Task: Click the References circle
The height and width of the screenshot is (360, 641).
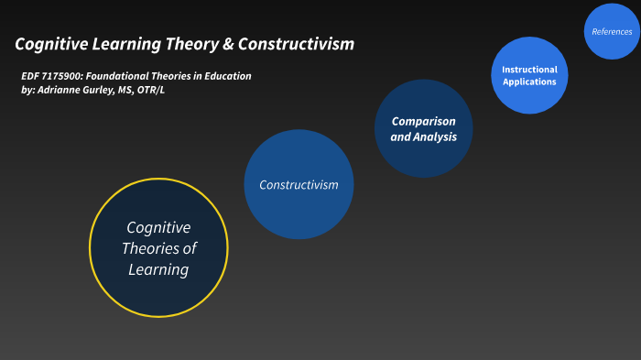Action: click(x=611, y=32)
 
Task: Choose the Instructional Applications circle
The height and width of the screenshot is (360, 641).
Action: click(x=528, y=76)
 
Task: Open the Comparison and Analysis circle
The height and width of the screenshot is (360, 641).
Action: click(x=423, y=129)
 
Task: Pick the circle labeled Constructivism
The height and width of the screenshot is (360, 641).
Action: click(x=299, y=184)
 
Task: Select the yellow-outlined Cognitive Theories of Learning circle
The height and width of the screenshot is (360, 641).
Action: click(x=158, y=248)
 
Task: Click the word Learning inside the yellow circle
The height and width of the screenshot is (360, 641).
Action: click(x=158, y=269)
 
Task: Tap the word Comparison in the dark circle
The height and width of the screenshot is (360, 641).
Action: click(x=423, y=121)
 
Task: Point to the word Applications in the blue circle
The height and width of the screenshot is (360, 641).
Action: click(x=529, y=82)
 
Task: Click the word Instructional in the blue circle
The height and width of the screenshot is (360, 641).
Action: click(x=529, y=70)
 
